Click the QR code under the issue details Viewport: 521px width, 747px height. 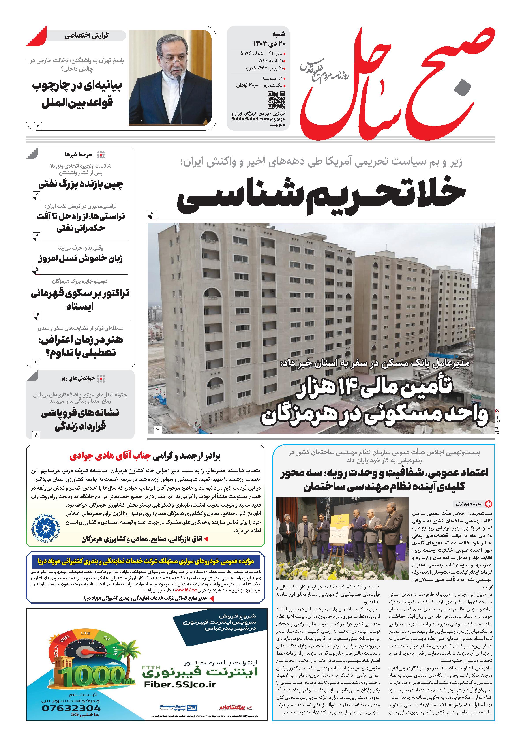[276, 100]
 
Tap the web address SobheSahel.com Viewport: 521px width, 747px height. [250, 119]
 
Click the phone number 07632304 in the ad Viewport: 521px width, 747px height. [71, 708]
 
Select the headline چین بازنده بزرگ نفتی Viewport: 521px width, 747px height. [81, 184]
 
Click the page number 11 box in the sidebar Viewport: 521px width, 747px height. [36, 363]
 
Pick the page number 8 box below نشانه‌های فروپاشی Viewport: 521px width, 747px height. [36, 435]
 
